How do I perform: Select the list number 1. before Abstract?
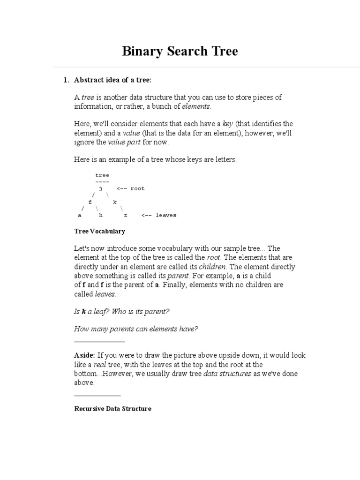coord(66,80)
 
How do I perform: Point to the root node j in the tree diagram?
coord(100,188)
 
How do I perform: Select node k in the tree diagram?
coord(114,202)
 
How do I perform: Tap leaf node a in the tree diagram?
coord(80,216)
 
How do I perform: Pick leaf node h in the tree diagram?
coord(100,216)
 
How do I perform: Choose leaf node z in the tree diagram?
coord(125,216)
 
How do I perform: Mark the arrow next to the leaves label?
coord(143,216)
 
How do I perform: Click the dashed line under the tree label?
coord(102,182)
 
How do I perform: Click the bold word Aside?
coord(84,355)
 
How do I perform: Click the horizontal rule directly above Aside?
coord(99,342)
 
